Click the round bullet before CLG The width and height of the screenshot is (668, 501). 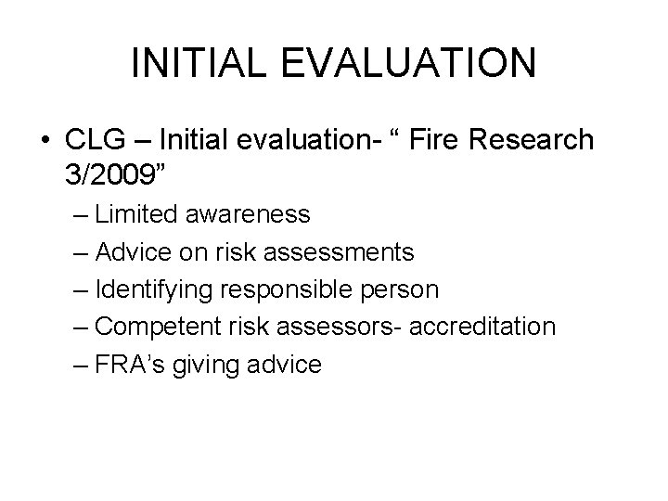pos(47,141)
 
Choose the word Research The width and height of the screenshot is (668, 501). pos(532,140)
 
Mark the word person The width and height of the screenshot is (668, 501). pos(405,290)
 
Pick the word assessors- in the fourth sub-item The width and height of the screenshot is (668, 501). pos(358,328)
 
